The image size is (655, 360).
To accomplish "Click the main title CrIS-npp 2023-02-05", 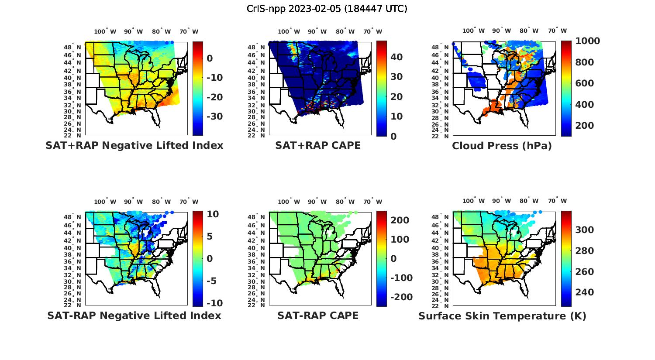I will pyautogui.click(x=327, y=8).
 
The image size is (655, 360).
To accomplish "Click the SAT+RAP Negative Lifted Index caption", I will pyautogui.click(x=134, y=145).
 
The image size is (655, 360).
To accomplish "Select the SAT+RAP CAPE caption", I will pyautogui.click(x=318, y=145).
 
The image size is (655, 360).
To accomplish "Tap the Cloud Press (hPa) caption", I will pyautogui.click(x=502, y=146).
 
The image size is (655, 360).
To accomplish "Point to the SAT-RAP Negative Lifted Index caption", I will pyautogui.click(x=134, y=315).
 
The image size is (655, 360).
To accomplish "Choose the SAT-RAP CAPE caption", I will pyautogui.click(x=318, y=315).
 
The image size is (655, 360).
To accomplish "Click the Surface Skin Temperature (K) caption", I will pyautogui.click(x=502, y=316).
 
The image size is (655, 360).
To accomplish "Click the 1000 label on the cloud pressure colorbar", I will pyautogui.click(x=587, y=41).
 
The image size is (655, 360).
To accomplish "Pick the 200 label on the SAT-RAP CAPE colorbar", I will pyautogui.click(x=400, y=220).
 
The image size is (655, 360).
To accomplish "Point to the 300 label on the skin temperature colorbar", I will pyautogui.click(x=585, y=230).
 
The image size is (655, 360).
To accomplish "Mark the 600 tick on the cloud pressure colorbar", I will pyautogui.click(x=585, y=83).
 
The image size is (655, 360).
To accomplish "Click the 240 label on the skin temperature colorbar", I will pyautogui.click(x=585, y=292).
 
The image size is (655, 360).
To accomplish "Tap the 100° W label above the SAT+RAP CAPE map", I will pyautogui.click(x=289, y=31).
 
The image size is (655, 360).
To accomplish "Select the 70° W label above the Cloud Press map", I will pyautogui.click(x=557, y=31).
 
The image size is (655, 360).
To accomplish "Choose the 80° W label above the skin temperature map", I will pyautogui.click(x=529, y=201).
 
